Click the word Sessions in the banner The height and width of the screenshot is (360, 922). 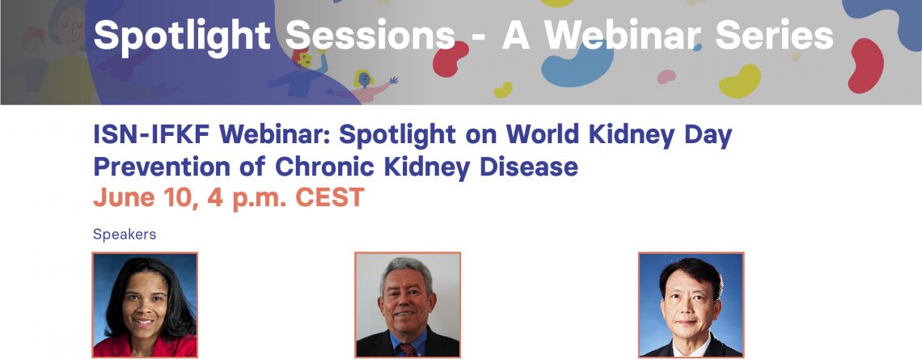370,36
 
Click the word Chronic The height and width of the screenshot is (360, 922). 324,167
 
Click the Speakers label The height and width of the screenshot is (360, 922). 125,235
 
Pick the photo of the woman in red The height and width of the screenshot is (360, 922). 145,305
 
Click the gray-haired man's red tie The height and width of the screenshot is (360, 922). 407,350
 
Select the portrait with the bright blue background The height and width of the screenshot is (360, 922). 691,305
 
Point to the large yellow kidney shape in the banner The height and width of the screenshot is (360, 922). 740,81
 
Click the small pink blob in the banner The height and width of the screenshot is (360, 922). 666,77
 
